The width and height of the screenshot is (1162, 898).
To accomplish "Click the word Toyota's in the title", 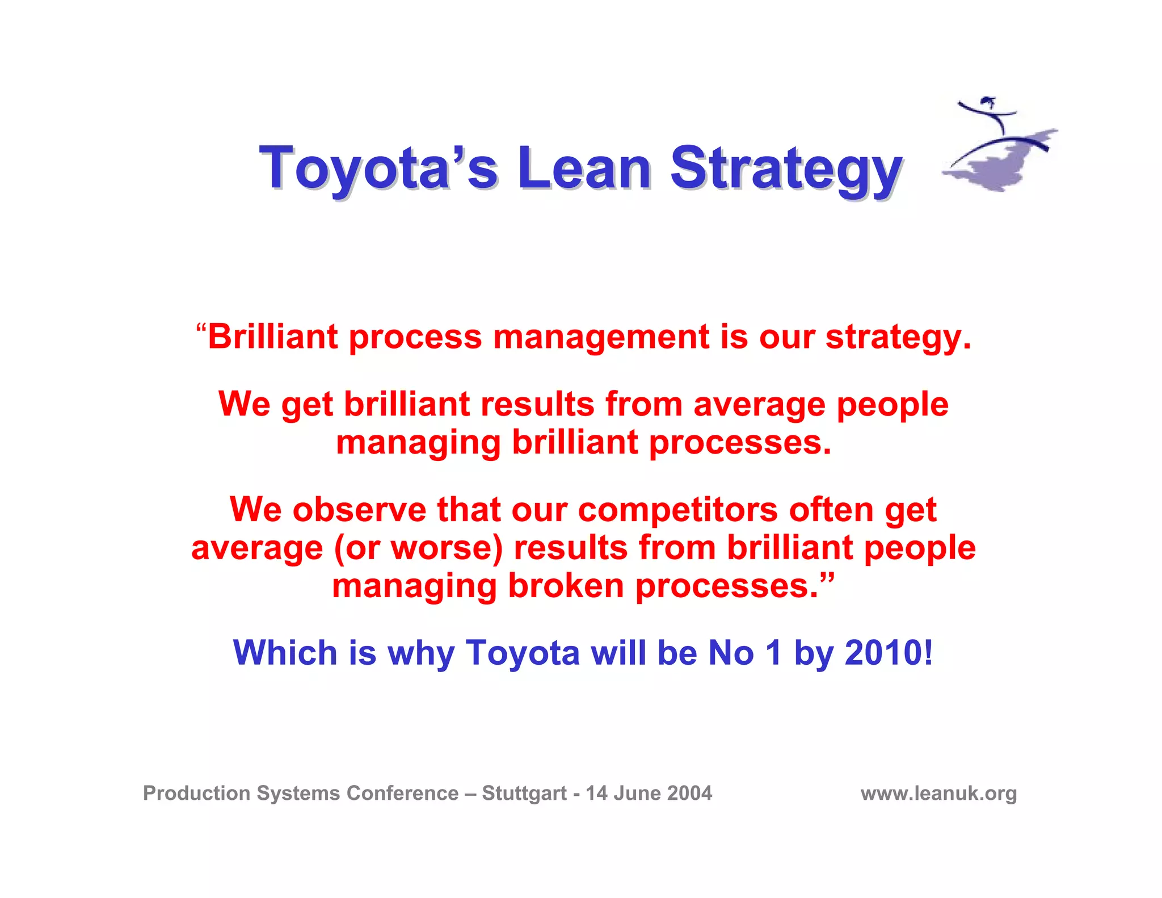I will tap(378, 168).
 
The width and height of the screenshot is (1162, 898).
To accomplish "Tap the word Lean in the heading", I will tap(584, 168).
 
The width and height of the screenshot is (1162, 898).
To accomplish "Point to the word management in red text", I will tap(600, 337).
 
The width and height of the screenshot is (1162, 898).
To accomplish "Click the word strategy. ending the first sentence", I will tap(898, 338).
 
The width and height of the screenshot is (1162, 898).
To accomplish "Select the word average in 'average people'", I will tap(759, 405).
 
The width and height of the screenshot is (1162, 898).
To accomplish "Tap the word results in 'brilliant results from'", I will tap(537, 405).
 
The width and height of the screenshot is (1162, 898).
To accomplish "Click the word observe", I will tap(359, 510).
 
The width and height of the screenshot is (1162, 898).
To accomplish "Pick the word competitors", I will tap(677, 510).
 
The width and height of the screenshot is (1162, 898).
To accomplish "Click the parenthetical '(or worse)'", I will tap(418, 548).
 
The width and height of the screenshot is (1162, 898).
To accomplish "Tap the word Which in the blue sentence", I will tap(285, 653).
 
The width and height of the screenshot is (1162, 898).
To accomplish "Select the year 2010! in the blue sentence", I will tap(889, 653).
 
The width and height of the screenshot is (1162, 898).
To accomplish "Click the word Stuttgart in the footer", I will tap(524, 793).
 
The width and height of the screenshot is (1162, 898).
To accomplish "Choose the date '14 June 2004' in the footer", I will tap(649, 793).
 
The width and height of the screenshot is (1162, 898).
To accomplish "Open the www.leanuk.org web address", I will tap(938, 793).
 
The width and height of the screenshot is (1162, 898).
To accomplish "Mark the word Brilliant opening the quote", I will tap(273, 337).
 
